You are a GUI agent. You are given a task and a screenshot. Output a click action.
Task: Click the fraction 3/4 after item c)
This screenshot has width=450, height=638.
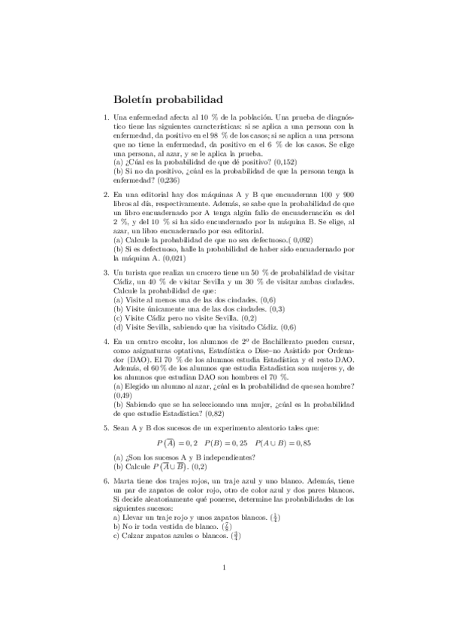(237, 536)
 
